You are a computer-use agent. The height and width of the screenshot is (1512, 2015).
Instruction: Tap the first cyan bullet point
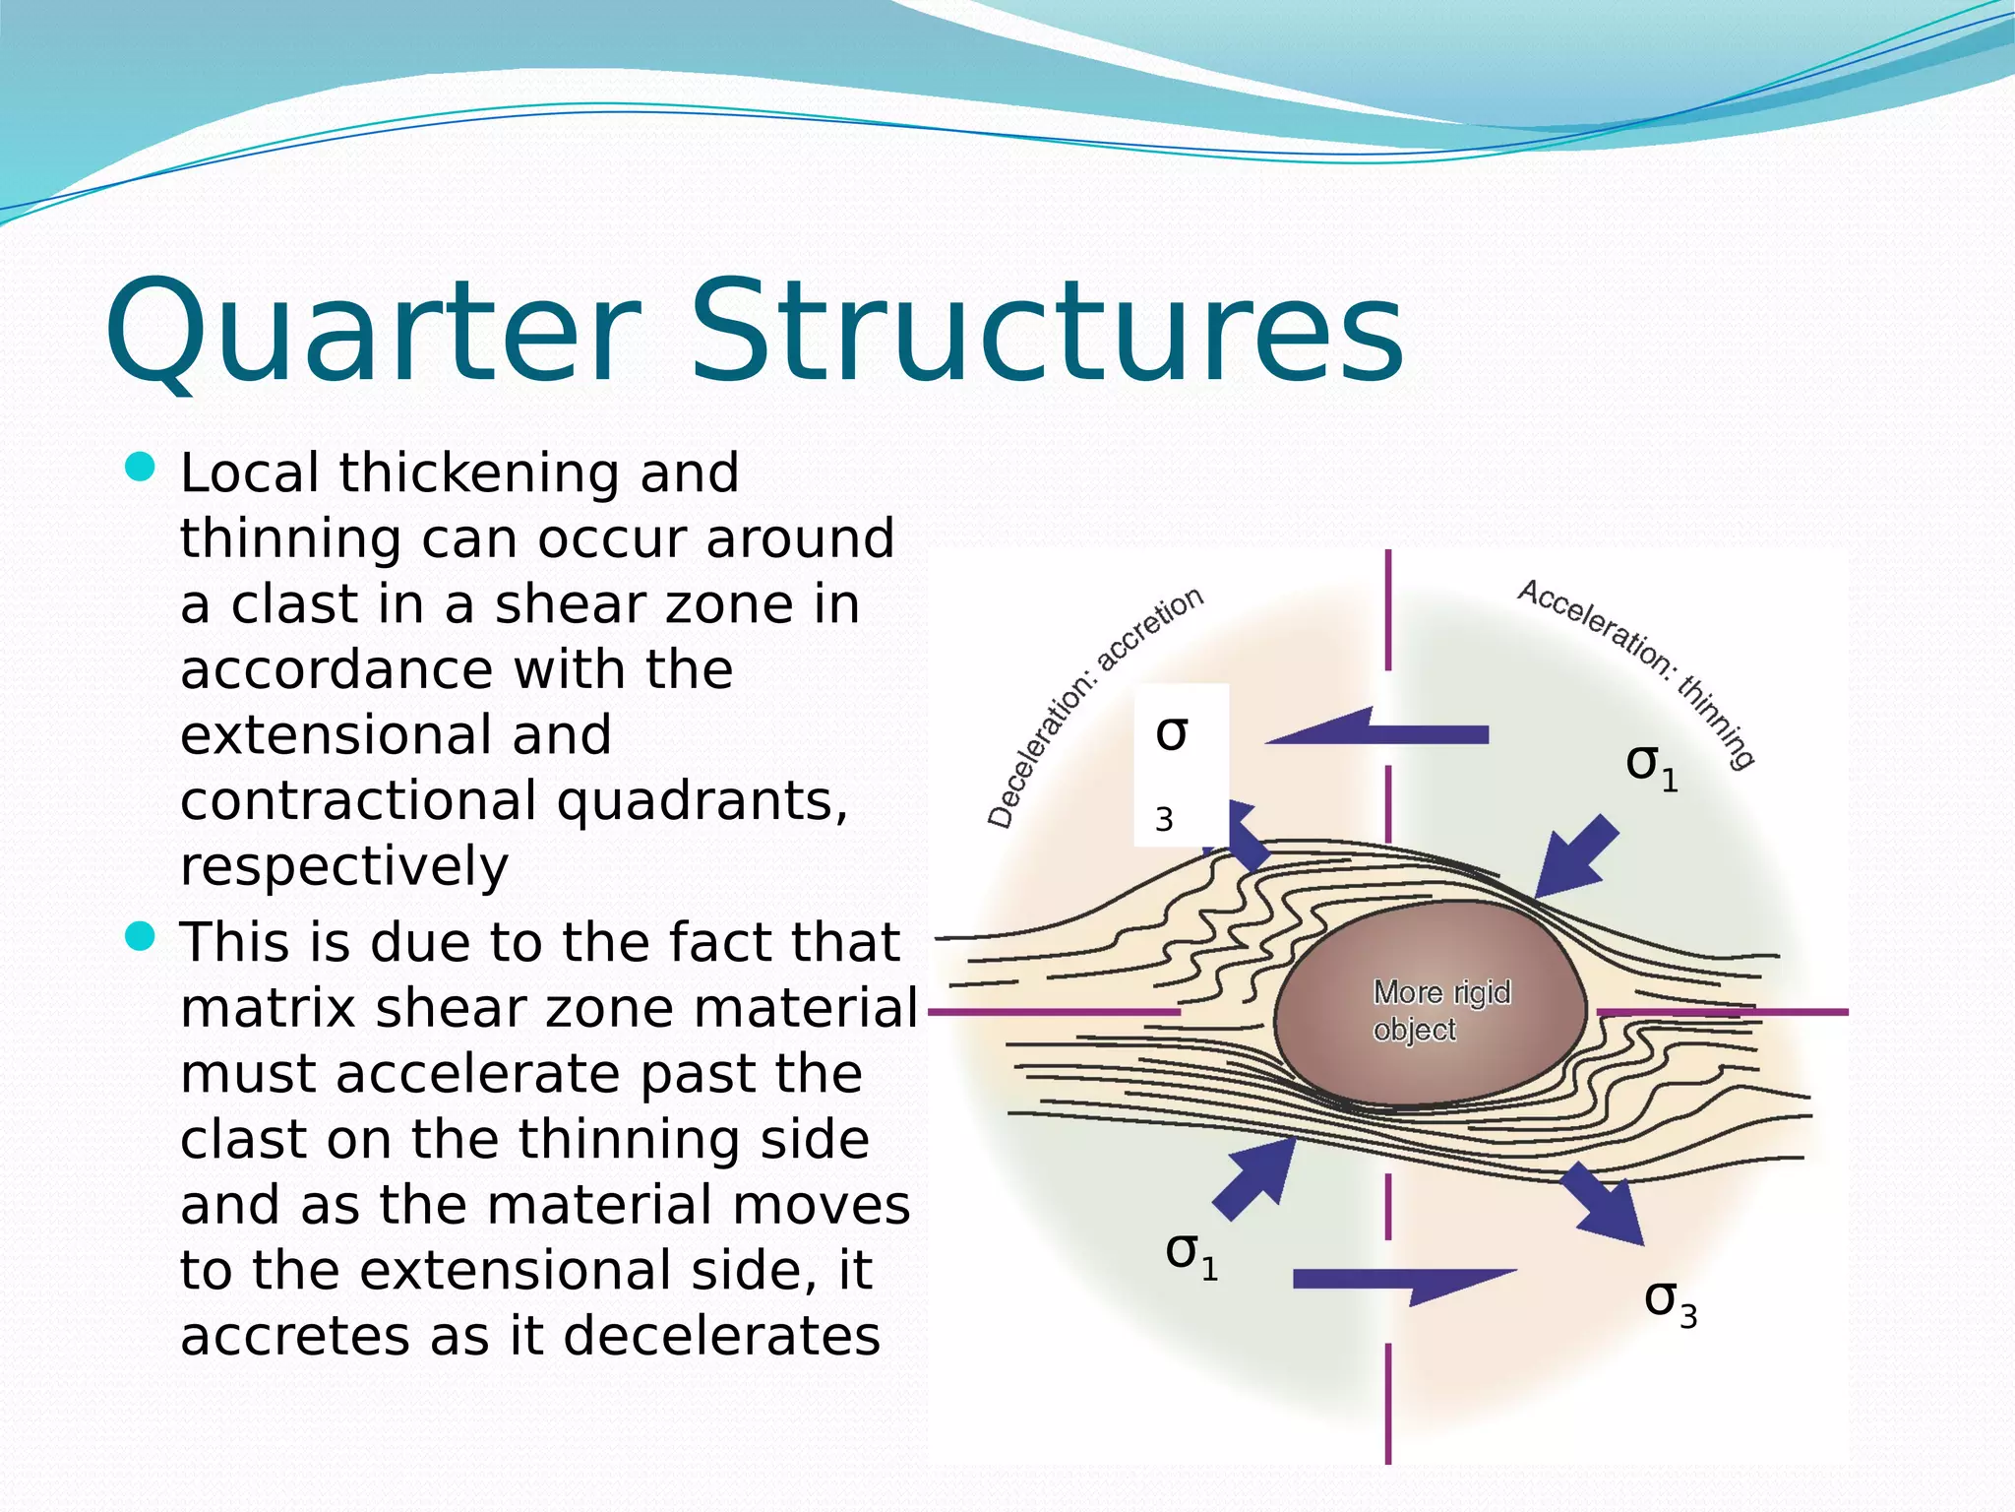[x=142, y=468]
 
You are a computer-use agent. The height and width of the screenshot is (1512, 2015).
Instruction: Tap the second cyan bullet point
[x=142, y=936]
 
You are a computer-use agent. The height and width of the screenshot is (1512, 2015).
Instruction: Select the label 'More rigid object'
[x=1440, y=1010]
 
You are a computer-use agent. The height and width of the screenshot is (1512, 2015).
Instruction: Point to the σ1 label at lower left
[x=1191, y=1254]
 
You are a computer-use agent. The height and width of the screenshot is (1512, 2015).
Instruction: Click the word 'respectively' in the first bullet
[x=344, y=866]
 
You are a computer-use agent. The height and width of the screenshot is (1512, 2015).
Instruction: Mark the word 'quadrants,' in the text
[x=702, y=800]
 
